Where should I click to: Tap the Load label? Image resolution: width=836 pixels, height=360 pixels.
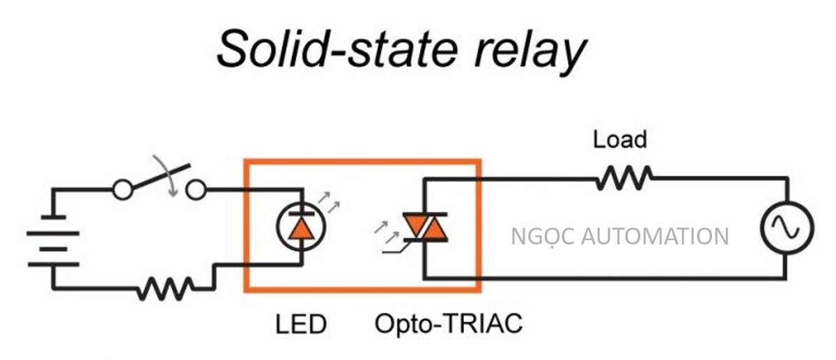(619, 140)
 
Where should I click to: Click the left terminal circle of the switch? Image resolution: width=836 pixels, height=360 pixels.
(123, 189)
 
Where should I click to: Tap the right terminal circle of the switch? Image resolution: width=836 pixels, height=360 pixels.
(197, 189)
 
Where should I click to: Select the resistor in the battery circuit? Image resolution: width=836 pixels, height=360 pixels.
(165, 287)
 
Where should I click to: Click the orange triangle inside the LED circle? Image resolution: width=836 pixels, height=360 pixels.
(301, 228)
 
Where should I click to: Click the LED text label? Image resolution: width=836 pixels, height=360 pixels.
(301, 324)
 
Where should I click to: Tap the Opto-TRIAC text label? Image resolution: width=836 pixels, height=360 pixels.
(448, 324)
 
